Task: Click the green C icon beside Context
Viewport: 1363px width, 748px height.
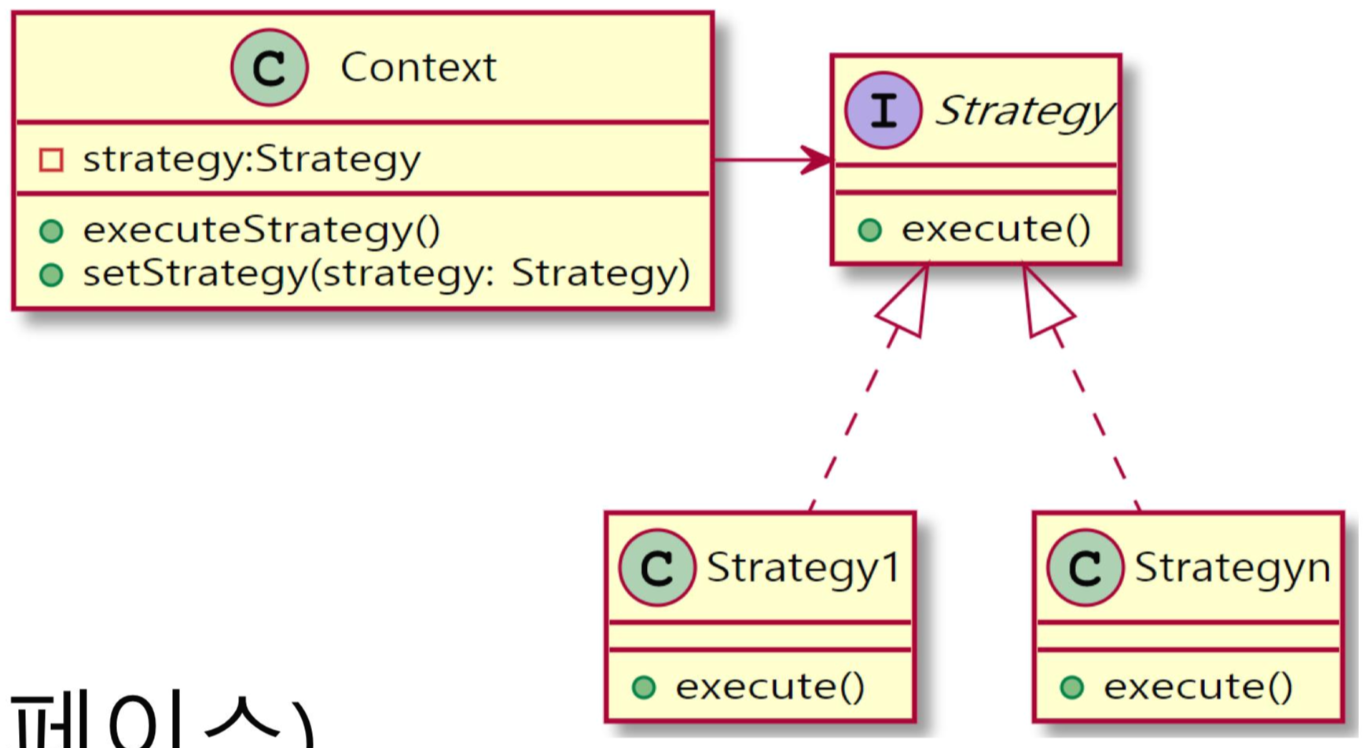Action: click(x=269, y=68)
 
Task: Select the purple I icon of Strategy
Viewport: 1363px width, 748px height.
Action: click(x=883, y=111)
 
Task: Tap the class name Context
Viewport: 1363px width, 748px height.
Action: click(x=418, y=68)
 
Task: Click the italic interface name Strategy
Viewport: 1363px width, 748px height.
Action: click(x=1023, y=111)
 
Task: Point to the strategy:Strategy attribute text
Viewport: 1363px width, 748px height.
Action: click(x=252, y=159)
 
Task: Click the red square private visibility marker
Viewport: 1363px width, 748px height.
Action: click(x=51, y=160)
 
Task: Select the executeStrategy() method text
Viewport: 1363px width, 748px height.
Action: click(x=262, y=230)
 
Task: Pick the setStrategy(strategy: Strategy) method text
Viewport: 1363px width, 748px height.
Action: click(x=386, y=274)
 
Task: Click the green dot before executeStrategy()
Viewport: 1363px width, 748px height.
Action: click(x=51, y=231)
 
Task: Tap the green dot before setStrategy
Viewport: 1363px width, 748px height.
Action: click(x=51, y=275)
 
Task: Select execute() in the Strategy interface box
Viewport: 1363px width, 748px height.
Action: click(x=996, y=229)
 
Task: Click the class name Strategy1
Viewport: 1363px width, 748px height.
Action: click(x=803, y=566)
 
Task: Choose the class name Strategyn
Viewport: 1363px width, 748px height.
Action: click(x=1232, y=566)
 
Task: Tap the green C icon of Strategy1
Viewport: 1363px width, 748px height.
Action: click(x=656, y=567)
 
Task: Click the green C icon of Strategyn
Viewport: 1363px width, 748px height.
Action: click(x=1085, y=567)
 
